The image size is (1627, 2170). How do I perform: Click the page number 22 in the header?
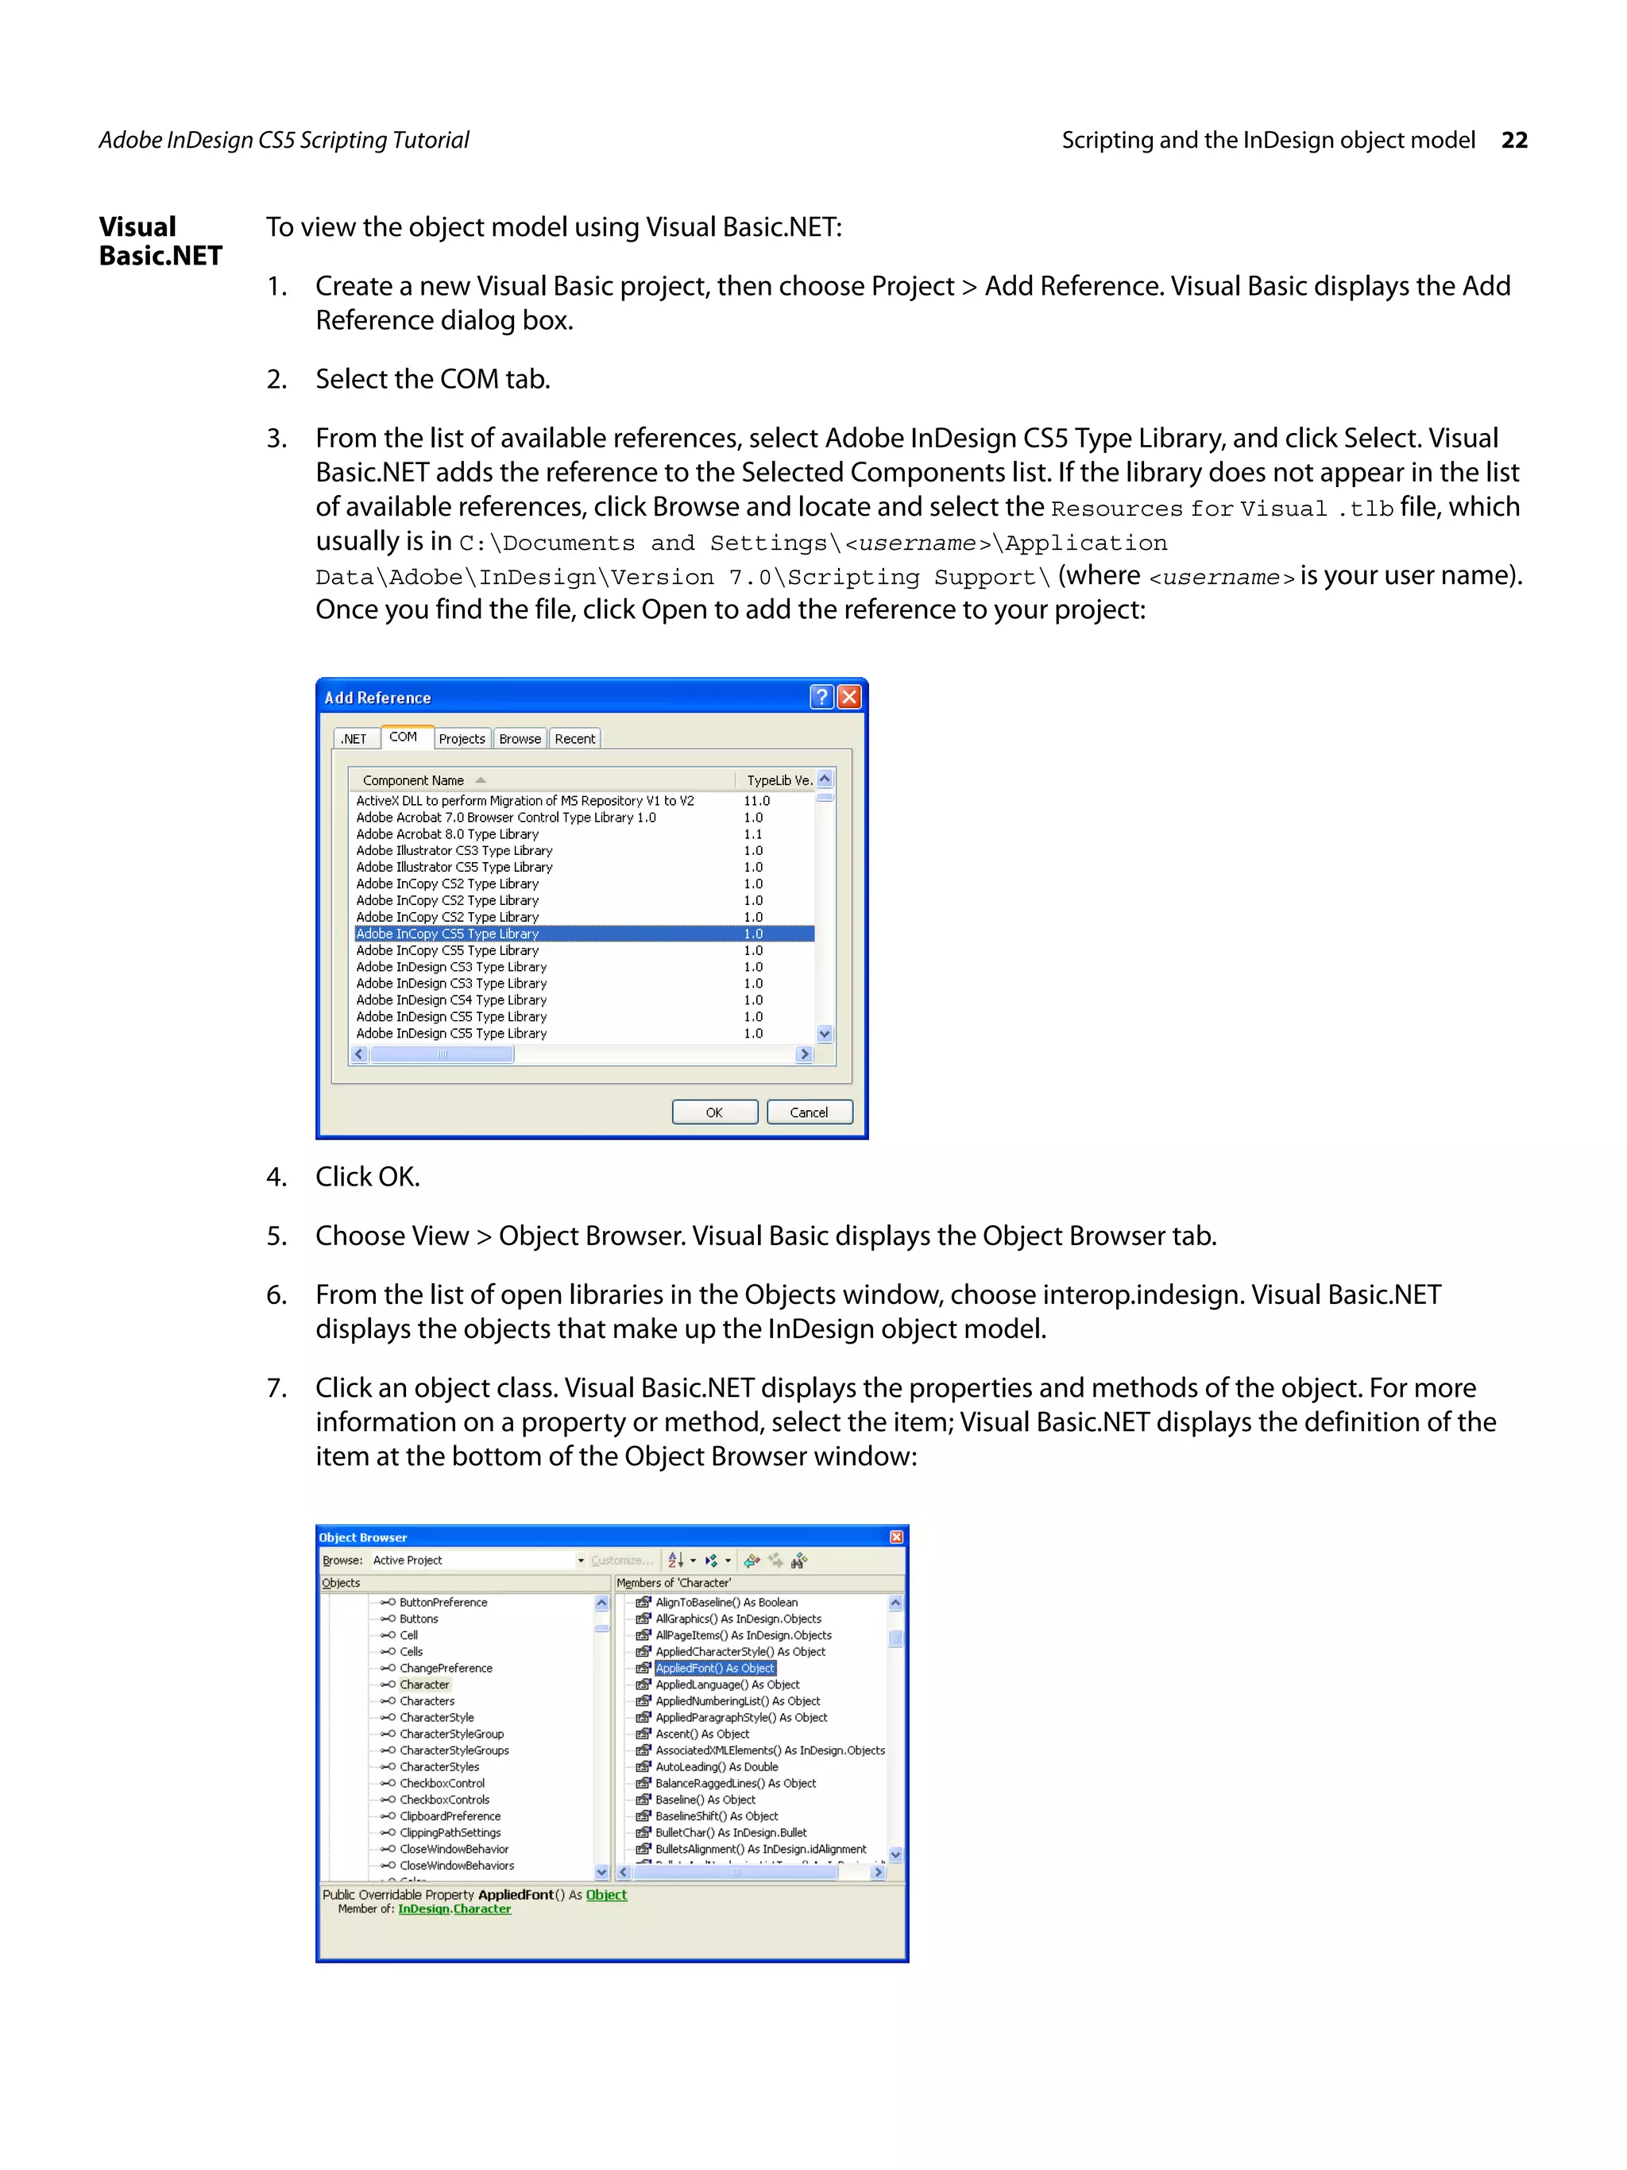1513,141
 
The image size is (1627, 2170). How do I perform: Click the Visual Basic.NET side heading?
160,242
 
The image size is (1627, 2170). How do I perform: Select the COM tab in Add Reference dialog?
402,737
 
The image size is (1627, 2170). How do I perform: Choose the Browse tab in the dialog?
520,739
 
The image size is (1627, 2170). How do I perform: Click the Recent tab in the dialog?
574,739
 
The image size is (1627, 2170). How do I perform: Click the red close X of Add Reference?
849,697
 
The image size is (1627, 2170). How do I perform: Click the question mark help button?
821,697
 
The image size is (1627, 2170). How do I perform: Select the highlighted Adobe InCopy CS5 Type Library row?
447,934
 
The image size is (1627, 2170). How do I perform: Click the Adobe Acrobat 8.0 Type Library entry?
447,834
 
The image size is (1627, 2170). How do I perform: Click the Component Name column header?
413,780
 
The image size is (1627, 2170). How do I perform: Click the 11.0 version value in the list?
756,800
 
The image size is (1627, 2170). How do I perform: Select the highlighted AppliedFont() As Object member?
715,1668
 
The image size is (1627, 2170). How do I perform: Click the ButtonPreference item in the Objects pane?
442,1602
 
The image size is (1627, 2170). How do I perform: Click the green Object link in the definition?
606,1894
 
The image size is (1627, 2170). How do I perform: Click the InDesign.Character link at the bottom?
454,1909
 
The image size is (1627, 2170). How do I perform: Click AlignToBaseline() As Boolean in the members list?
726,1602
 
